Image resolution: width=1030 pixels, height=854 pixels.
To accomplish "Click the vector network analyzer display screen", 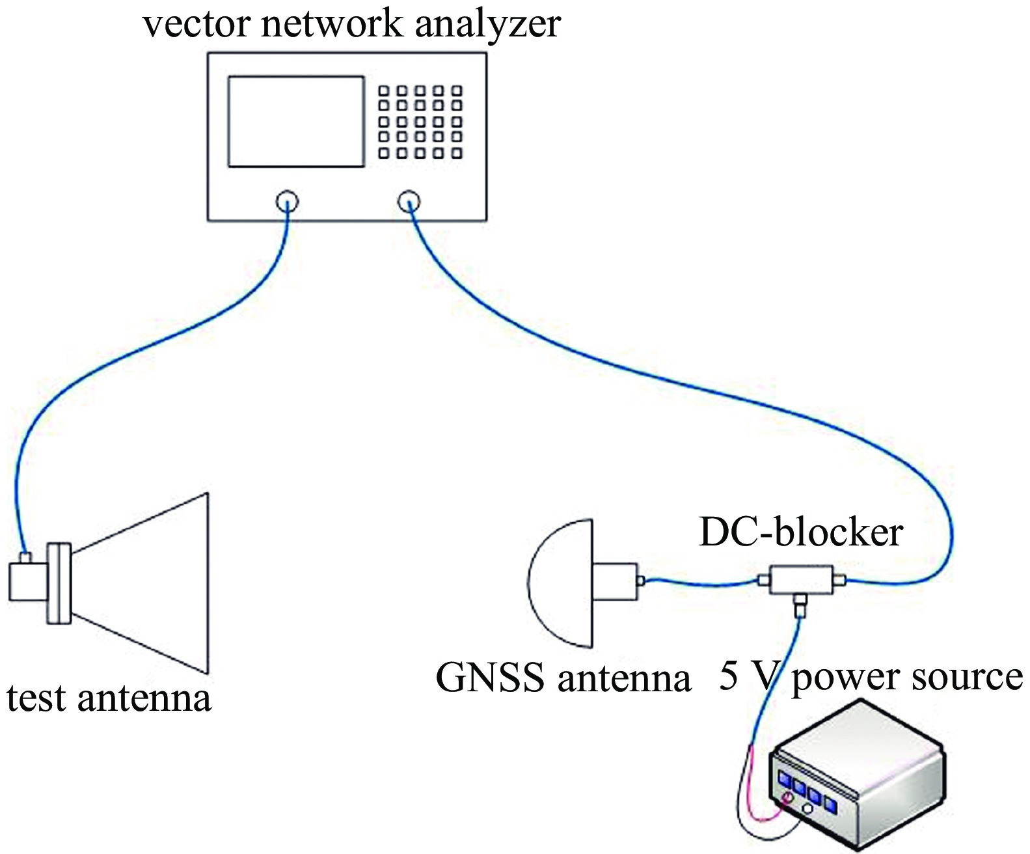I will coord(295,121).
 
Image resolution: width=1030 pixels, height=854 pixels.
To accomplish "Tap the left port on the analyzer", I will coord(287,201).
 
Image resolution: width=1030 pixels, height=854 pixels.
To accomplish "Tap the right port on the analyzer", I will coord(409,201).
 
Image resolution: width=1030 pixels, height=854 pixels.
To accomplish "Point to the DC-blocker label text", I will coord(800,532).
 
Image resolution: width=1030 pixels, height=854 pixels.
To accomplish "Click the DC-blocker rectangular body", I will coord(801,579).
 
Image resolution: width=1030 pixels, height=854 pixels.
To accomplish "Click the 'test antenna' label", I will coord(109,698).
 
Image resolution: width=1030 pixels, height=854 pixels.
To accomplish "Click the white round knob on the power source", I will coord(807,809).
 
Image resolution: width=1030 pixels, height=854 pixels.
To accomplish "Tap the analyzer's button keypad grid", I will coord(420,122).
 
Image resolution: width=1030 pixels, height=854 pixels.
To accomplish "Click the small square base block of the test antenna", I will coord(27,582).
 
